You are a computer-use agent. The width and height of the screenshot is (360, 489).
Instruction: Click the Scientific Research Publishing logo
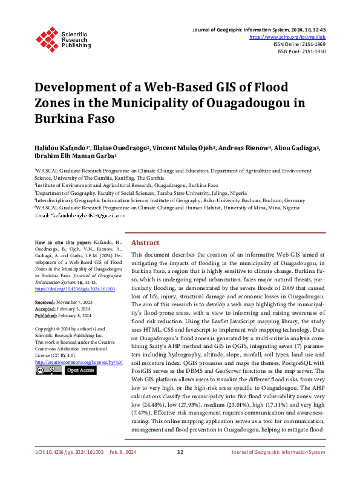click(x=63, y=36)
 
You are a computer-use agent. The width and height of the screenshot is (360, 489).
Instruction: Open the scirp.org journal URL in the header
click(x=292, y=36)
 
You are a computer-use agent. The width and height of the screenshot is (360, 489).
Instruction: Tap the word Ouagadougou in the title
click(x=234, y=102)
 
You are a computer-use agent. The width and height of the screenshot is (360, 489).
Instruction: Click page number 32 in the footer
click(x=180, y=469)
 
